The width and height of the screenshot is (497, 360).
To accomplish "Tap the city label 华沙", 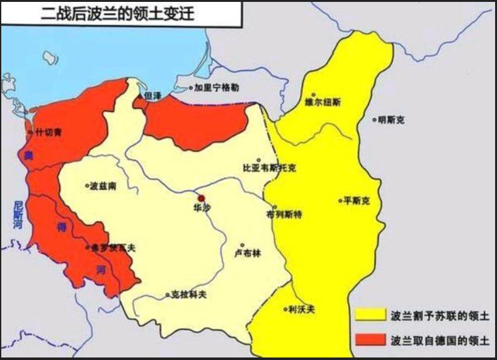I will [x=202, y=206].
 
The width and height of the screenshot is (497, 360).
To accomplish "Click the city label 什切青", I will [x=49, y=132].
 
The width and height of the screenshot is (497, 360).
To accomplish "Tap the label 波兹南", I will [x=103, y=186].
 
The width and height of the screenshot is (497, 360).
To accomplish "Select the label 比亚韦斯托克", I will [x=269, y=168].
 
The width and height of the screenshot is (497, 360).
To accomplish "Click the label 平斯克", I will [x=356, y=200].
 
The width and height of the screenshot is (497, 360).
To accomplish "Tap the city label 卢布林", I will [x=246, y=254].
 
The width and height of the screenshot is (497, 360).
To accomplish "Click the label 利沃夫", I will [x=300, y=310].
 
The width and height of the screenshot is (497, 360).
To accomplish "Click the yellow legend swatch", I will [x=370, y=313].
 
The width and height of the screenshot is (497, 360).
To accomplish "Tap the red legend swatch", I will [x=370, y=339].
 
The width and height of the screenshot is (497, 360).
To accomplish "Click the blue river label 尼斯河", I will [x=18, y=215].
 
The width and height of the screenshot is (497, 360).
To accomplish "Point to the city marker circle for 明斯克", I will [x=374, y=119].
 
